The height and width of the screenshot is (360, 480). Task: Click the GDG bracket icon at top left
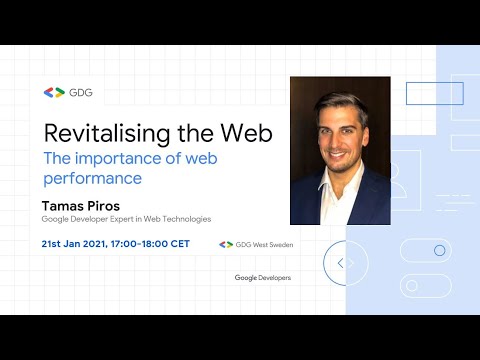click(53, 92)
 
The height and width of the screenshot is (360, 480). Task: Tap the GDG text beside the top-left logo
click(81, 92)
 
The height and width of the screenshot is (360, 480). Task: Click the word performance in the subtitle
click(93, 179)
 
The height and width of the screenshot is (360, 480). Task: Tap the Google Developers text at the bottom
click(263, 277)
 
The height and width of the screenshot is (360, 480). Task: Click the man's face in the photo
click(339, 130)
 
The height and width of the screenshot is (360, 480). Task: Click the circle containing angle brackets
click(340, 263)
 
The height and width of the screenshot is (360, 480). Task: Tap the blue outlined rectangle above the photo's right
click(434, 93)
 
